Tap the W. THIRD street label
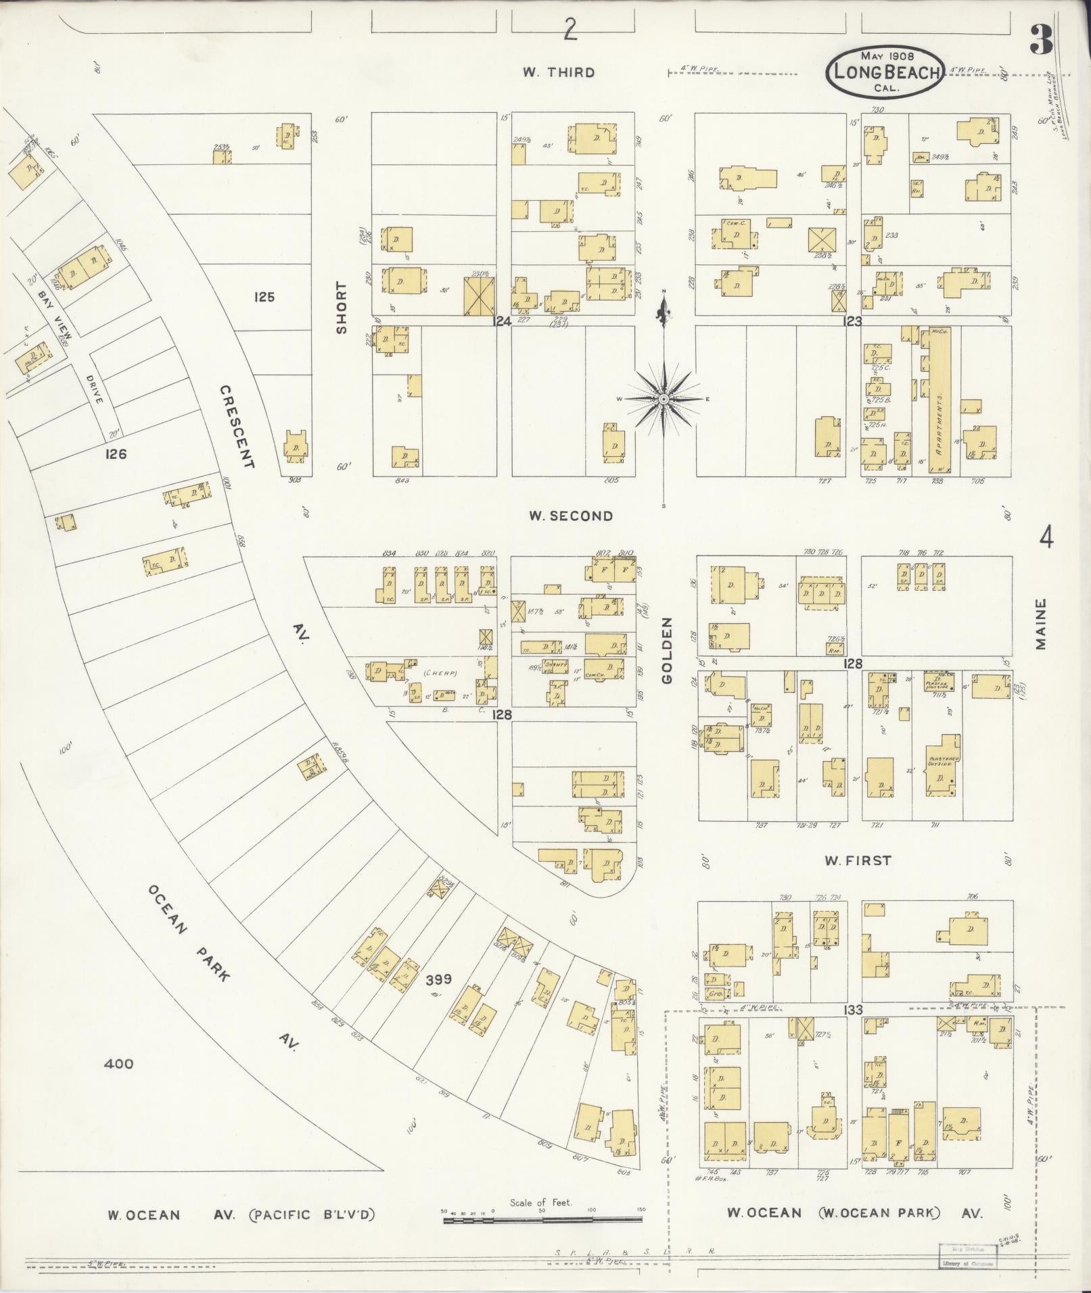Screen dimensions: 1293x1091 pyautogui.click(x=559, y=73)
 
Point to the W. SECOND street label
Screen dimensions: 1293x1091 pyautogui.click(x=571, y=516)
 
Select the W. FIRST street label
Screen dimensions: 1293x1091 pyautogui.click(x=857, y=860)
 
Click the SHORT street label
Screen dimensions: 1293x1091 pyautogui.click(x=342, y=308)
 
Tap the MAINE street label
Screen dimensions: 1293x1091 pyautogui.click(x=1041, y=623)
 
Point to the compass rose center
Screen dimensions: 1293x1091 pyautogui.click(x=664, y=399)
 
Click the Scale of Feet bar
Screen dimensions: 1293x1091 pyautogui.click(x=542, y=1221)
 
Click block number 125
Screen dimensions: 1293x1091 pyautogui.click(x=264, y=296)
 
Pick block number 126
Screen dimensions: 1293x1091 pyautogui.click(x=116, y=454)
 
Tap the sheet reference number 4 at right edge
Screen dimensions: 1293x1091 pyautogui.click(x=1046, y=539)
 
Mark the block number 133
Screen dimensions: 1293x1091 pyautogui.click(x=854, y=1010)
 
